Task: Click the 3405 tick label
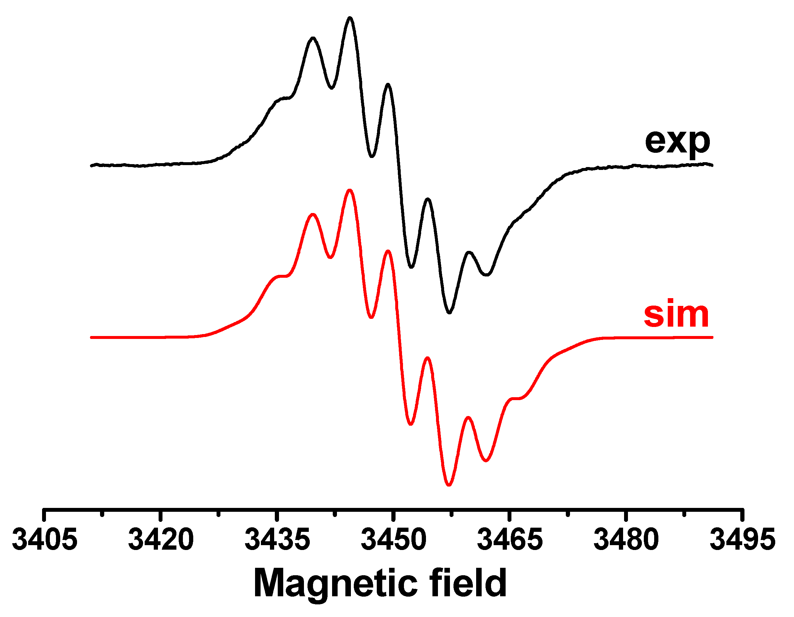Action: tap(45, 540)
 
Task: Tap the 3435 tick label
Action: tap(277, 540)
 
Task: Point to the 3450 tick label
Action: tap(393, 540)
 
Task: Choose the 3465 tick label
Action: tap(510, 540)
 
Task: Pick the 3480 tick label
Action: tap(626, 540)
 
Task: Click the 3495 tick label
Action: tap(743, 540)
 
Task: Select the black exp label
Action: tap(677, 142)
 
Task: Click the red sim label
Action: tap(676, 315)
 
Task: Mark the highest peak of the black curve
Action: tap(350, 17)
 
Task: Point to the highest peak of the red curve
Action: tap(350, 190)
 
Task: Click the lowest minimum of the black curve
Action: tap(449, 313)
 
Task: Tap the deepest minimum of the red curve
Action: tap(449, 485)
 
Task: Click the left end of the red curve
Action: tap(92, 337)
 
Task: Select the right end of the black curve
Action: tap(712, 165)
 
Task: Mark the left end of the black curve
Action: tap(92, 165)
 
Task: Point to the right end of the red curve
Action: tap(712, 337)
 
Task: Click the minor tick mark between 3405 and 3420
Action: tap(102, 514)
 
